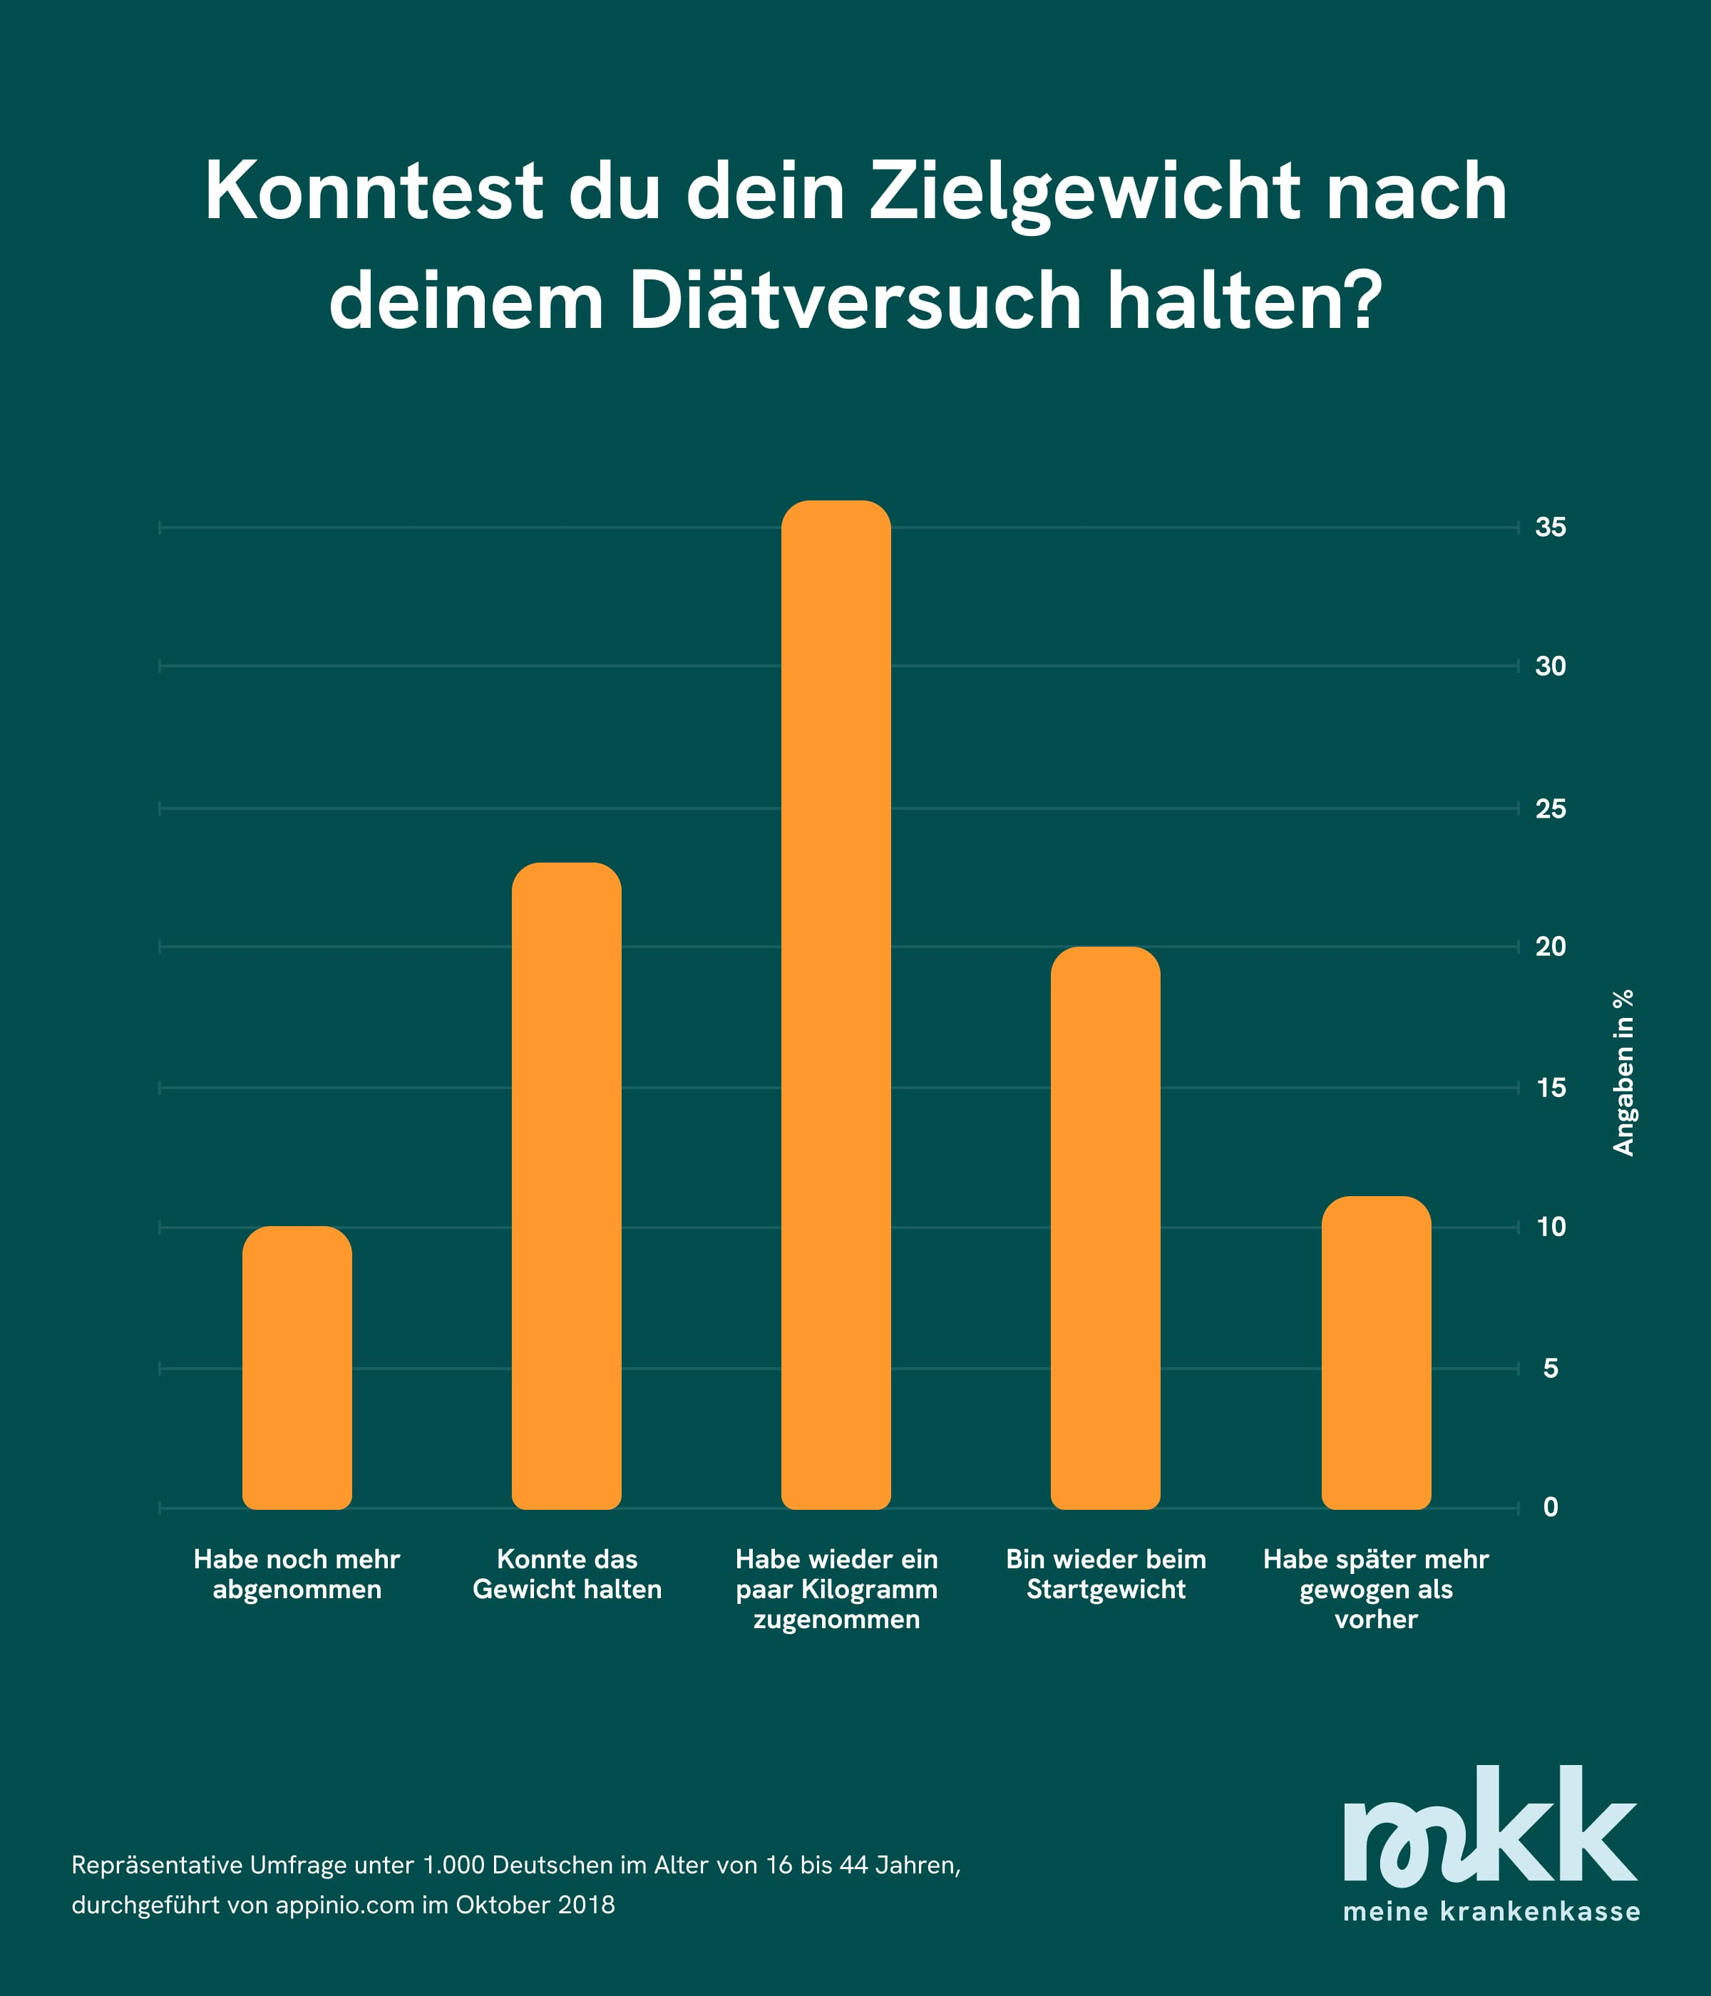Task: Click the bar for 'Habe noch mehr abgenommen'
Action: [297, 1367]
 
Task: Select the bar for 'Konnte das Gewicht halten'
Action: [567, 1185]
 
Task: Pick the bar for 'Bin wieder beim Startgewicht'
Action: [1105, 1228]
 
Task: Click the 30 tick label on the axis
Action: [1550, 666]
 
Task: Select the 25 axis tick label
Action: [1550, 808]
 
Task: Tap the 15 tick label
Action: [1550, 1088]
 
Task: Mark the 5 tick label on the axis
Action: [1550, 1368]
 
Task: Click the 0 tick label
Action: [1550, 1507]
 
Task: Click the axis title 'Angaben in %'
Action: [1623, 1072]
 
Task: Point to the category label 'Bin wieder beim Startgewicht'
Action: [1106, 1574]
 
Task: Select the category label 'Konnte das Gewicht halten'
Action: [567, 1574]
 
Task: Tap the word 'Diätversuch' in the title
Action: [855, 302]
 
